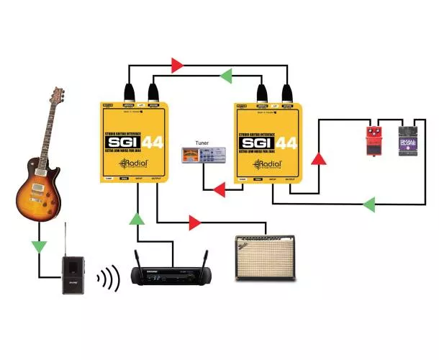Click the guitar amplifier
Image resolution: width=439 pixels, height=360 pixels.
[266, 257]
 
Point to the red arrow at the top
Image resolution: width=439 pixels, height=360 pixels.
[177, 66]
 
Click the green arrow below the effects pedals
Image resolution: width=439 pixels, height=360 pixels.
[368, 204]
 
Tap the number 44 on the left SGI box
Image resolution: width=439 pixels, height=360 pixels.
[153, 144]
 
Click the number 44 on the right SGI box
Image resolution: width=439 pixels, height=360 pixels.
[287, 143]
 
